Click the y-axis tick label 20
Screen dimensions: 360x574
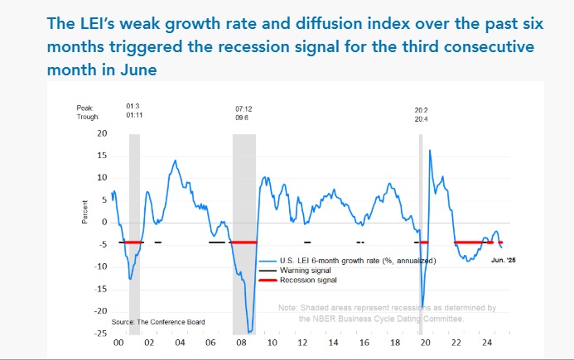102,133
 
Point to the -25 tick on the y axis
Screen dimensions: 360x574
100,334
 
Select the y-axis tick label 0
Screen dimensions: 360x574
104,222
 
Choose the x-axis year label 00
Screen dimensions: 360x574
118,342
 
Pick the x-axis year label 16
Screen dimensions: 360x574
365,342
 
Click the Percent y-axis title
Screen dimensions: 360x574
85,212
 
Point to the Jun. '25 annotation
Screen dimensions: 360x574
502,260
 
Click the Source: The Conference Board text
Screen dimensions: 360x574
157,321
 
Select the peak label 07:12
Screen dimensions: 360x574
244,108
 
